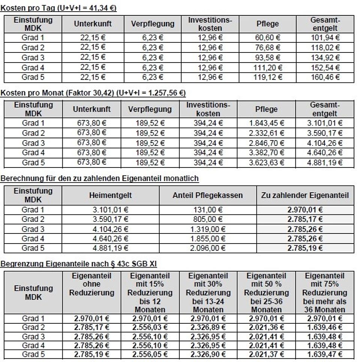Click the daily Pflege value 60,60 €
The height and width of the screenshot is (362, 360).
point(268,37)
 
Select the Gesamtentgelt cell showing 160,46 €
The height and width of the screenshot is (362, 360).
point(325,78)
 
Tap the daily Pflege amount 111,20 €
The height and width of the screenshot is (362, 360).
point(268,68)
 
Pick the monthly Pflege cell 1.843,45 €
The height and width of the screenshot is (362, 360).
point(267,123)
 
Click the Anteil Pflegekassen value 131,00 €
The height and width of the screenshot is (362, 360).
point(207,210)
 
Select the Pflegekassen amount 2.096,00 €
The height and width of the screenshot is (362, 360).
point(207,248)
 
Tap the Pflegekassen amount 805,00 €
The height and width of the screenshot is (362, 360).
point(207,220)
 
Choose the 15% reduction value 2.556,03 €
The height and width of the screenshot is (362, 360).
point(150,328)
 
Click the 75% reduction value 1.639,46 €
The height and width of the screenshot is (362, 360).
point(325,328)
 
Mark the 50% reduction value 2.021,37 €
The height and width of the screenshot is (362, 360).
point(266,355)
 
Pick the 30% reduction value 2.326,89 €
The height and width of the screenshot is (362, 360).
point(208,328)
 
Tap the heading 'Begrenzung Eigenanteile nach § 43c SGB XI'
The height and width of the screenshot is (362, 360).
point(78,264)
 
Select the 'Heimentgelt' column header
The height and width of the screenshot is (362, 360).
point(111,195)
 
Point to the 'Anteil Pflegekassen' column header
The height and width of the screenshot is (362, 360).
point(207,195)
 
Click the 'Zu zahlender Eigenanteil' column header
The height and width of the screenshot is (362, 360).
point(305,195)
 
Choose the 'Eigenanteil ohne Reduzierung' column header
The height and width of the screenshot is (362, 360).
point(91,284)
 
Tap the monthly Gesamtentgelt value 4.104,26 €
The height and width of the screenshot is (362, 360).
point(325,143)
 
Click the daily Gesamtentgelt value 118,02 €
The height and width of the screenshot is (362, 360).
point(325,48)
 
